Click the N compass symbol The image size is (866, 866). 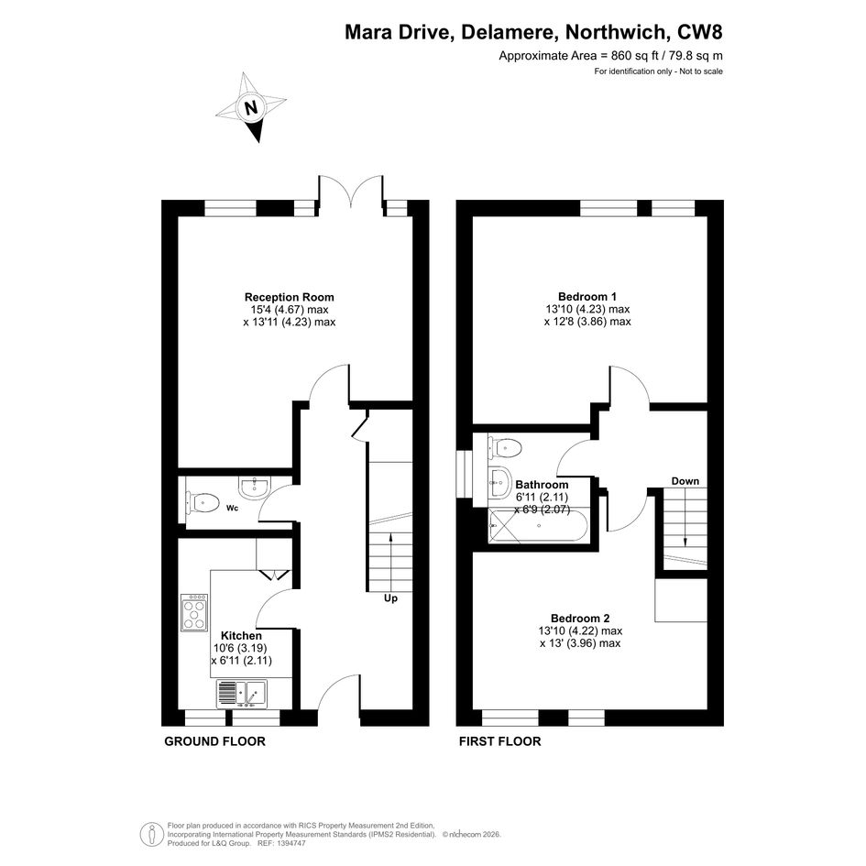coord(251,107)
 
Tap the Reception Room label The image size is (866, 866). coord(290,297)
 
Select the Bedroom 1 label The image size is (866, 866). coord(587,297)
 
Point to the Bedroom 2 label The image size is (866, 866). coord(580,618)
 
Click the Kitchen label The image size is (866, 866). coord(241,636)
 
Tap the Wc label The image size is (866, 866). coord(233,508)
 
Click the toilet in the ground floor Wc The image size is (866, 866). coord(201,502)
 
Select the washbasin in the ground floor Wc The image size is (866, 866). coord(254,487)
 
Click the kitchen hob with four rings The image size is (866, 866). coord(194,612)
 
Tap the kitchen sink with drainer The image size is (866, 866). coord(241,694)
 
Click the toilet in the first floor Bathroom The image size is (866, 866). coord(505,447)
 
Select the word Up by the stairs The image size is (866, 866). coord(390,598)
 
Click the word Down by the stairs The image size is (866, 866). coord(685,481)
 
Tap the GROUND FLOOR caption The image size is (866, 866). coord(214,741)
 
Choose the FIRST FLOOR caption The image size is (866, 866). coord(499,741)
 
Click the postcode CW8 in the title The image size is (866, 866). coord(700,32)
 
